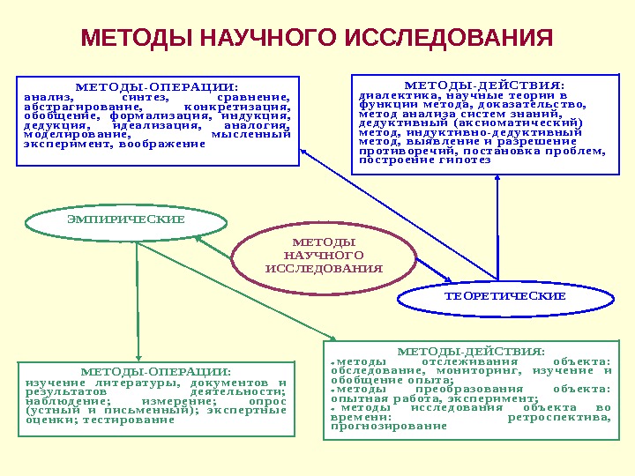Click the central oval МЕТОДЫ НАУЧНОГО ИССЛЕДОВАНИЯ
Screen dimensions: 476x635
coord(324,255)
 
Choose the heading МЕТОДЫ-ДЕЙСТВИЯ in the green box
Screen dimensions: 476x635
coord(471,350)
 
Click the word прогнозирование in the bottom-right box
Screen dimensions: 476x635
coord(389,427)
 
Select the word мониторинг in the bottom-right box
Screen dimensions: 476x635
coord(487,371)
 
